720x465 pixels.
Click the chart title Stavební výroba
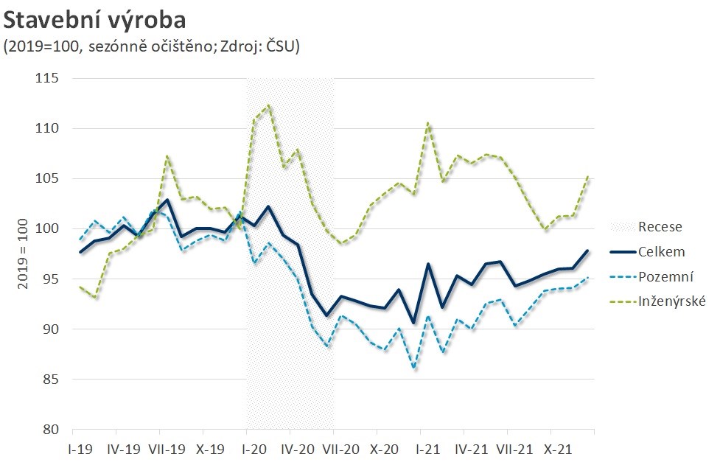(94, 18)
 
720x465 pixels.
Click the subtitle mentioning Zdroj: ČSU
(151, 46)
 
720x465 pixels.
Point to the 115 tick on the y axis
(50, 78)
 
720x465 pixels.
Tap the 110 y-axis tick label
(50, 128)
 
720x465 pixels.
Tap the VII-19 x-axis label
(167, 448)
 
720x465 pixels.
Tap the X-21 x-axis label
(558, 448)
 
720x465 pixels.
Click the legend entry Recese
(660, 227)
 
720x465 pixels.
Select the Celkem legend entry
(661, 252)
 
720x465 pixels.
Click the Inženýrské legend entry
(672, 302)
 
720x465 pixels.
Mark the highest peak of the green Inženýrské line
(268, 105)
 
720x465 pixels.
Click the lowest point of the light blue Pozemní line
(415, 368)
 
